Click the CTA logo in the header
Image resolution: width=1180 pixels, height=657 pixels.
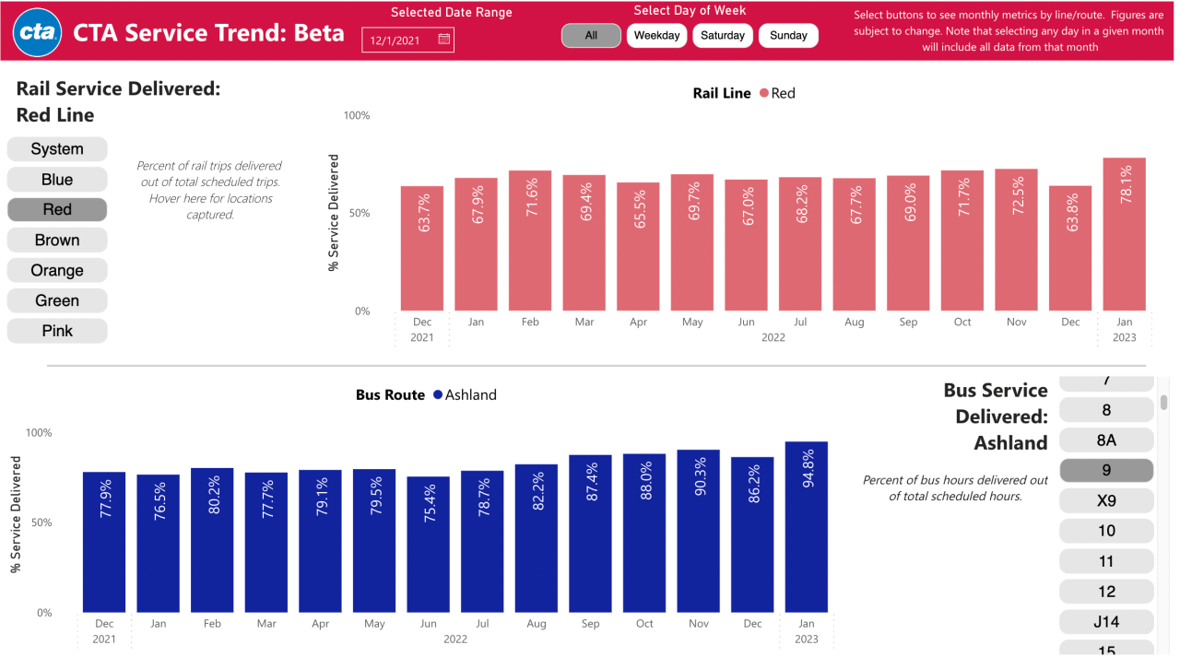38,34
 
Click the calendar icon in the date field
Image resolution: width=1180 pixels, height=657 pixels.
443,40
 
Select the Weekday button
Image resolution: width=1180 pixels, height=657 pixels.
656,36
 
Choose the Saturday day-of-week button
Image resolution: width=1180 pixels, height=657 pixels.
723,36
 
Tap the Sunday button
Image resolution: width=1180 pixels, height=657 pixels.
788,36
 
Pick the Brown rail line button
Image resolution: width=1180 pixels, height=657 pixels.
57,241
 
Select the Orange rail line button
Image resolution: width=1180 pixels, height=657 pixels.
57,271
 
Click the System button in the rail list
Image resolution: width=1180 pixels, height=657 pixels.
57,149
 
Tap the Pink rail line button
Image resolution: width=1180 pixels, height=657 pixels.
57,332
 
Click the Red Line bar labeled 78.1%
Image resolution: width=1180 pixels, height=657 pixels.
1124,234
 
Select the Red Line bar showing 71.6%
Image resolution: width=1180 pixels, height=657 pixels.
530,241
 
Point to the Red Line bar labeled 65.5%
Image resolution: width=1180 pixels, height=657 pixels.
638,246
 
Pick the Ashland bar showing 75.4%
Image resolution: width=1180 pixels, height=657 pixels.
428,544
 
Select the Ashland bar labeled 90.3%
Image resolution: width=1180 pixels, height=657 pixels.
698,531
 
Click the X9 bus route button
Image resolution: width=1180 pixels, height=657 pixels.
1106,501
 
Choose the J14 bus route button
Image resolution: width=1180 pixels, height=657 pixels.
1106,622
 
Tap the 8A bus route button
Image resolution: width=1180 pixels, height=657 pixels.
1106,440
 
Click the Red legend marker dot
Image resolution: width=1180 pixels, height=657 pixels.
763,94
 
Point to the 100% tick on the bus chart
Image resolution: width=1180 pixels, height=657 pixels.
39,433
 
